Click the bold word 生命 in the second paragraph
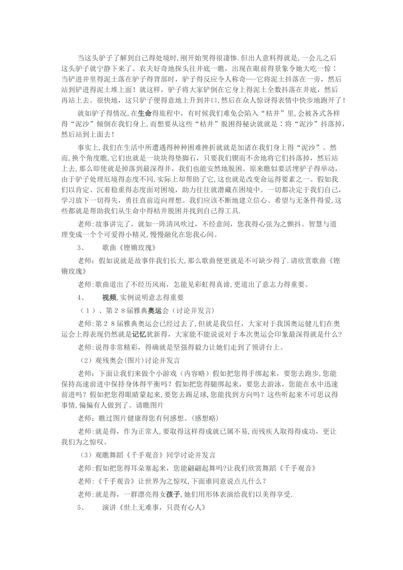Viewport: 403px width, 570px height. (145, 114)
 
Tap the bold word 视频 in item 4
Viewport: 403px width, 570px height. (109, 297)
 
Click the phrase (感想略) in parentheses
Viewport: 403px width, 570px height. (204, 418)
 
